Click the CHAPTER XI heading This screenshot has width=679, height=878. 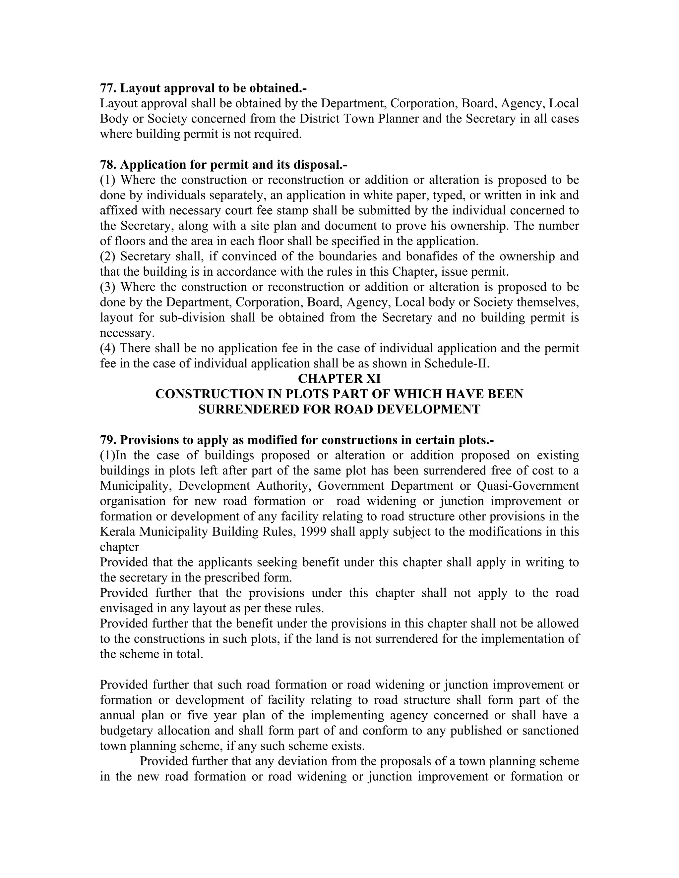pyautogui.click(x=339, y=378)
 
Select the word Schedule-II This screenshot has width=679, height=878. pyautogui.click(x=456, y=363)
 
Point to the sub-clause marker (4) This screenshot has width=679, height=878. pyautogui.click(x=107, y=348)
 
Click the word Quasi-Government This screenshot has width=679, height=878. pyautogui.click(x=528, y=486)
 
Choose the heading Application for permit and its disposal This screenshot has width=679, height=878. pyautogui.click(x=233, y=164)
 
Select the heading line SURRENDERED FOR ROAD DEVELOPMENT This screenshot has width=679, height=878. pyautogui.click(x=339, y=409)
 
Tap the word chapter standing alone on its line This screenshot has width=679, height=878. pyautogui.click(x=119, y=547)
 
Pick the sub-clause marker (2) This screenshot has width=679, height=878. pyautogui.click(x=107, y=256)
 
